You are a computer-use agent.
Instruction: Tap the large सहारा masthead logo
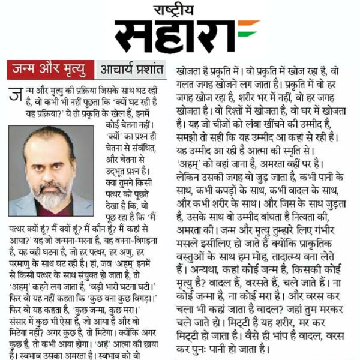click(x=175, y=35)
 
